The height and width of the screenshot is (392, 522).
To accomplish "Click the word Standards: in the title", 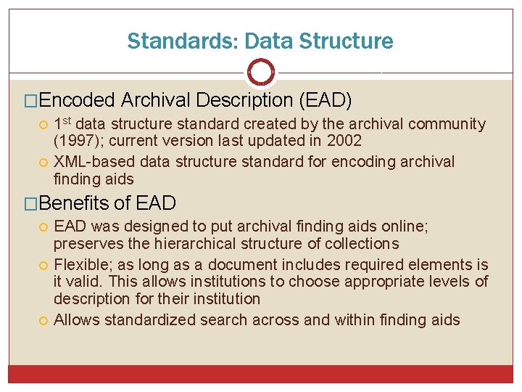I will [x=162, y=41].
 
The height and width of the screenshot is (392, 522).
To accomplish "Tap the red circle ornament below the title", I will [x=261, y=72].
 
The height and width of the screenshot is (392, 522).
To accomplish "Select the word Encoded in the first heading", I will [x=80, y=99].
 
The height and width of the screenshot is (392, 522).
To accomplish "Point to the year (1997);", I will [x=80, y=140].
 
